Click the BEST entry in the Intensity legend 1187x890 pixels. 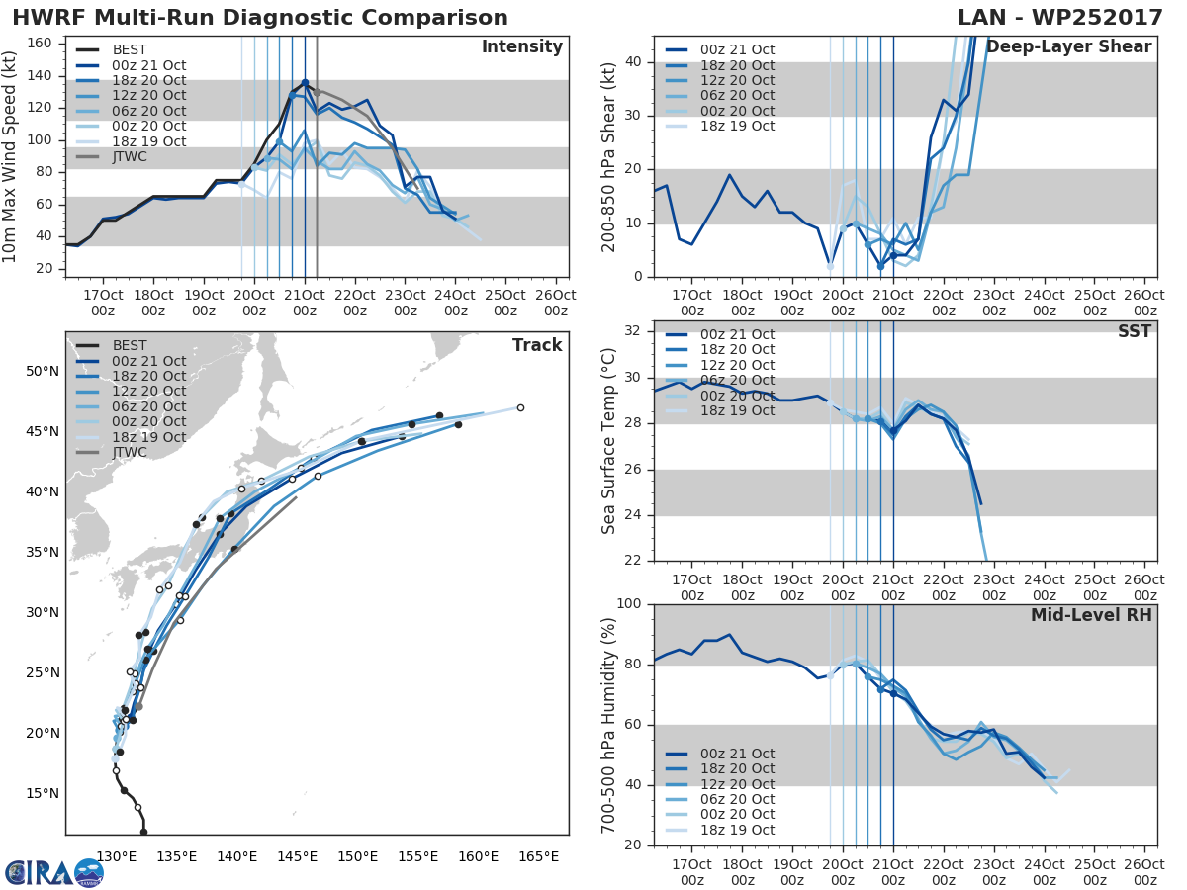pyautogui.click(x=129, y=49)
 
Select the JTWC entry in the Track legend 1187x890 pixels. pyautogui.click(x=129, y=453)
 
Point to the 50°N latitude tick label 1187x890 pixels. pyautogui.click(x=43, y=372)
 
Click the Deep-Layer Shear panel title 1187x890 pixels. pyautogui.click(x=1068, y=47)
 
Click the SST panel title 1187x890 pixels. pyautogui.click(x=1135, y=331)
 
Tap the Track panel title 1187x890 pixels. pyautogui.click(x=536, y=345)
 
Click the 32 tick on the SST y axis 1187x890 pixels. pyautogui.click(x=634, y=331)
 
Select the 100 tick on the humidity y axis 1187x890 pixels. pyautogui.click(x=628, y=604)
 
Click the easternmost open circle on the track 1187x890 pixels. pyautogui.click(x=520, y=407)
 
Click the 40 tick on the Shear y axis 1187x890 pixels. pyautogui.click(x=634, y=62)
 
